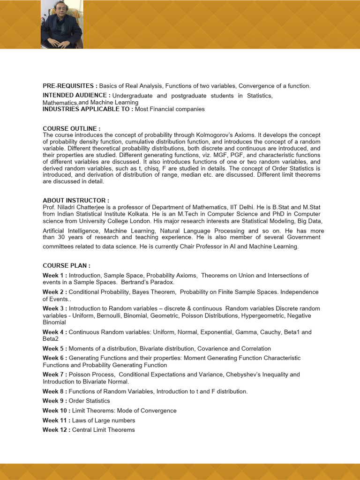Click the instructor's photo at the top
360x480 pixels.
click(61, 24)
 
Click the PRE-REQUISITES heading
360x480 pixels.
click(70, 86)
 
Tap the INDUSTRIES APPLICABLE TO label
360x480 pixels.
click(88, 109)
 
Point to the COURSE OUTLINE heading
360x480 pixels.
click(71, 128)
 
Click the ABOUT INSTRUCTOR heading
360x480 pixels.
click(75, 200)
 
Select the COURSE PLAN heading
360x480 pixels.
click(66, 266)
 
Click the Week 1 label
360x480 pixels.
click(54, 276)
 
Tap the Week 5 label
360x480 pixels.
click(54, 349)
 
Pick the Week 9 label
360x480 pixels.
click(54, 401)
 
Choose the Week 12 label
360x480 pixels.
click(56, 430)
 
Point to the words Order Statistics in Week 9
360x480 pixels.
click(90, 401)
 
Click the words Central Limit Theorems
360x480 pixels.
click(103, 430)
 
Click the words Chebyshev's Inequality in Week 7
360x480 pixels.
click(257, 375)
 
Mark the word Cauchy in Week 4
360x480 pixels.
click(269, 332)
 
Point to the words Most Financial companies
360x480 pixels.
click(170, 109)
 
